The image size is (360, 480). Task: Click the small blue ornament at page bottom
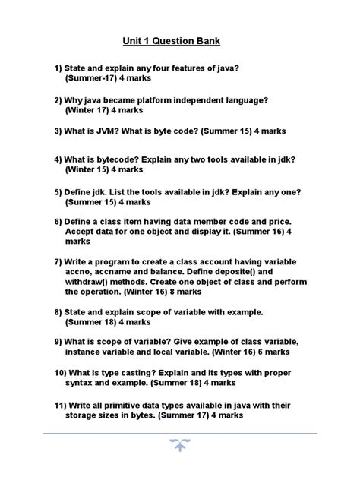pyautogui.click(x=180, y=446)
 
